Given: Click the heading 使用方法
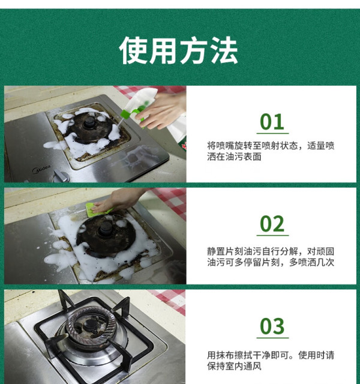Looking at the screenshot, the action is [x=178, y=50].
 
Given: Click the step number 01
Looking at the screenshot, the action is [x=272, y=122].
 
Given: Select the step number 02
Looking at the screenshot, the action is [x=272, y=224].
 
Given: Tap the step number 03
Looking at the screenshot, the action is [x=272, y=326].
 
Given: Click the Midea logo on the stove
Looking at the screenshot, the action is [x=41, y=169].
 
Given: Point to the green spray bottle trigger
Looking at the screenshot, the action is [x=131, y=115].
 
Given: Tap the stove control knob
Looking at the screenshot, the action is [x=60, y=176].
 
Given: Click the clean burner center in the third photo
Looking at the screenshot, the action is [x=90, y=325].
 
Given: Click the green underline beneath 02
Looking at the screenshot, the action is [x=272, y=236].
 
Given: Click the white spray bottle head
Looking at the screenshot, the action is [x=143, y=98].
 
